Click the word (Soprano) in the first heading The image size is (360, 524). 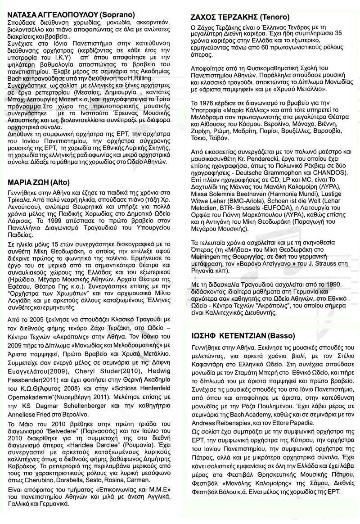point(117,14)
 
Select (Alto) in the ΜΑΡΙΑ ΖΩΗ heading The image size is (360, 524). point(57,183)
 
